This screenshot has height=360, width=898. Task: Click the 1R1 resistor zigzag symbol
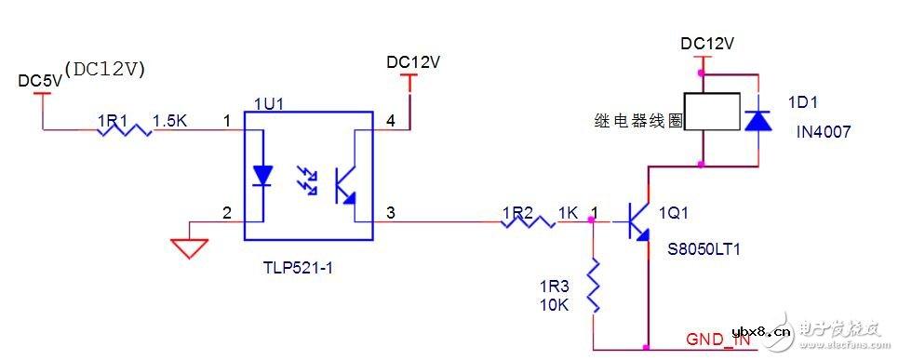pos(124,131)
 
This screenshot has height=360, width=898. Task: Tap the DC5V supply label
pos(40,81)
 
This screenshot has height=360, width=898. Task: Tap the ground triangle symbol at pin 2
pos(190,246)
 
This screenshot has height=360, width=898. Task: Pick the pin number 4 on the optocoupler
pos(389,121)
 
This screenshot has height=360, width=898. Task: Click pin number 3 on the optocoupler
pos(389,213)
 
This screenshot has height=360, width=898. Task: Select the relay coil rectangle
pos(712,111)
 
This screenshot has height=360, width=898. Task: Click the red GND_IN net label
pos(717,340)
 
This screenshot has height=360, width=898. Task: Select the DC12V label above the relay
pos(706,44)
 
